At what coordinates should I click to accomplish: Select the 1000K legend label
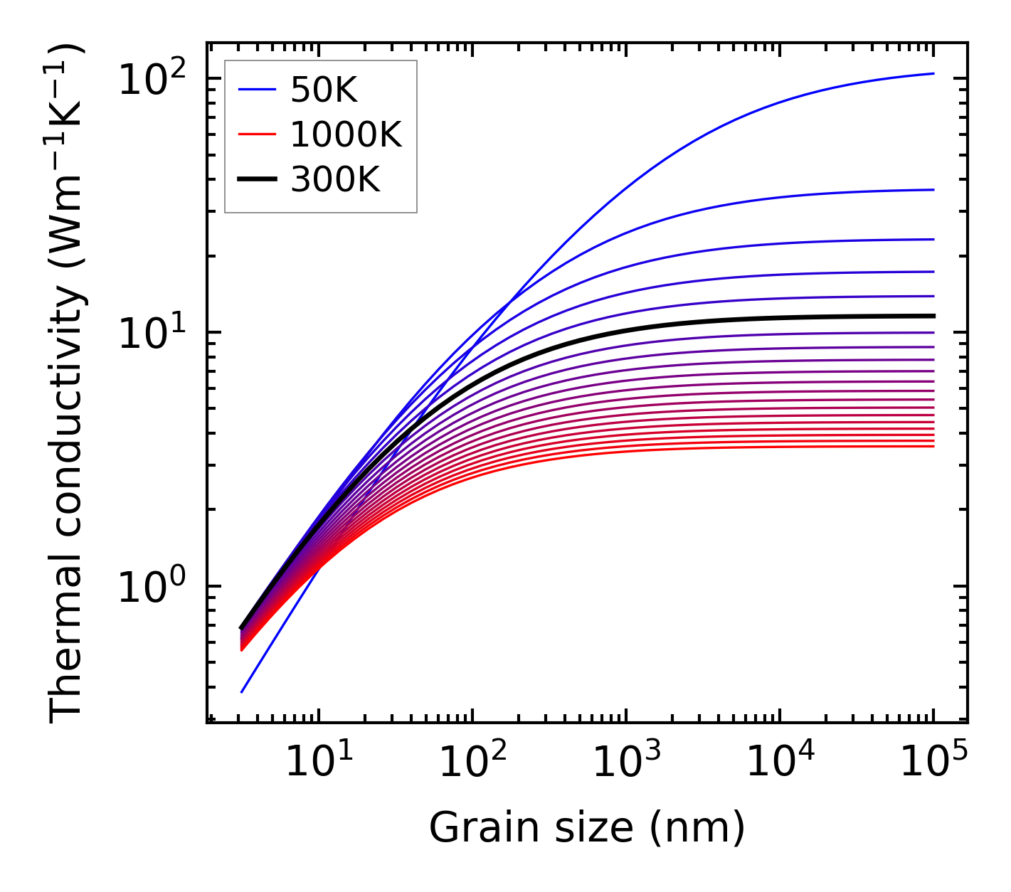click(346, 134)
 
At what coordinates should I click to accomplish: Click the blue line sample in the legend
click(257, 90)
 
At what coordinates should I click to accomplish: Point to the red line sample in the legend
click(257, 134)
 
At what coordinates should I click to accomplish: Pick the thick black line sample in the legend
click(257, 180)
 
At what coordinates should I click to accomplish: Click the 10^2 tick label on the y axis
click(151, 78)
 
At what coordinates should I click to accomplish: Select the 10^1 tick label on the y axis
click(151, 332)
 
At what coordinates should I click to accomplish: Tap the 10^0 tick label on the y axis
click(151, 586)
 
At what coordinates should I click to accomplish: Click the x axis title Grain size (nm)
click(587, 827)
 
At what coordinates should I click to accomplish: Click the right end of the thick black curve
click(933, 316)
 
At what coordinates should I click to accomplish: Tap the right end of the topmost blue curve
click(933, 73)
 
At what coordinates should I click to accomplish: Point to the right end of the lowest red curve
click(933, 446)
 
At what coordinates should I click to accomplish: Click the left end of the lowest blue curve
click(242, 691)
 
